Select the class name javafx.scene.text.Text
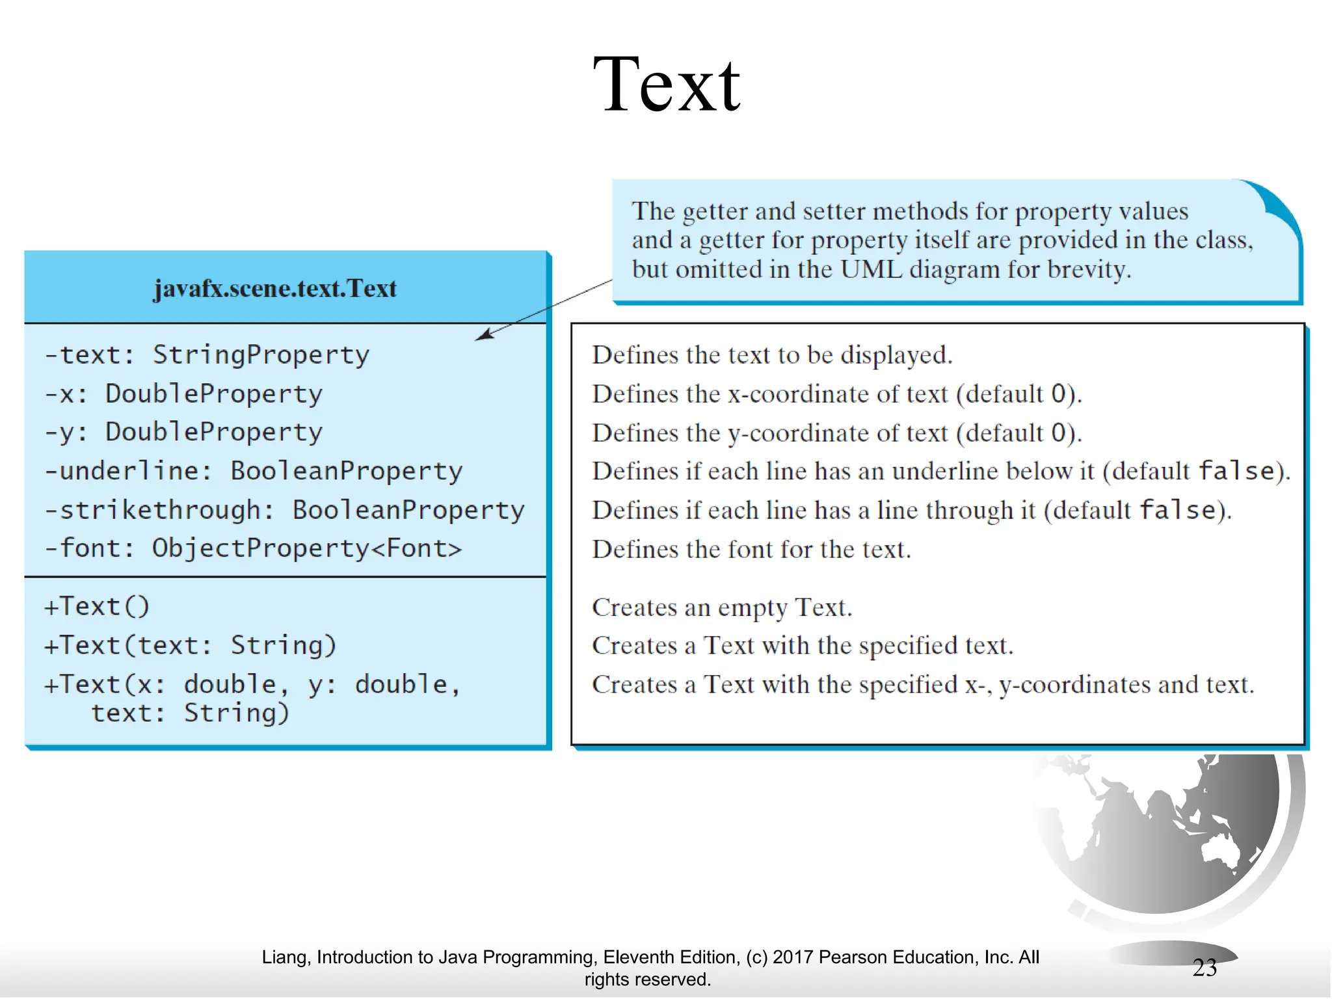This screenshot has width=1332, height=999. click(x=274, y=289)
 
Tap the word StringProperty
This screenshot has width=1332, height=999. click(x=260, y=355)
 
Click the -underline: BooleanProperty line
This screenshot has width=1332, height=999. click(x=254, y=471)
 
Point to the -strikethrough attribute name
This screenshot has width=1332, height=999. click(x=159, y=510)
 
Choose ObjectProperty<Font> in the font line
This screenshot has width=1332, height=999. click(x=306, y=548)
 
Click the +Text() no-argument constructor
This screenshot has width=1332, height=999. click(x=97, y=606)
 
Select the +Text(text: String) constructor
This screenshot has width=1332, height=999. click(x=190, y=645)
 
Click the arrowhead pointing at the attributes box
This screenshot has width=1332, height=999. click(x=484, y=335)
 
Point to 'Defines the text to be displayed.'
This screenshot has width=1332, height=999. click(x=771, y=355)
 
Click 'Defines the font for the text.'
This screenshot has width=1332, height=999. click(x=751, y=550)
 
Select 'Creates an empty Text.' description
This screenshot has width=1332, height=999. click(x=721, y=607)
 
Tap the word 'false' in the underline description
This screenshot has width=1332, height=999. click(x=1236, y=471)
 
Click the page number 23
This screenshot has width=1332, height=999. click(x=1204, y=968)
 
